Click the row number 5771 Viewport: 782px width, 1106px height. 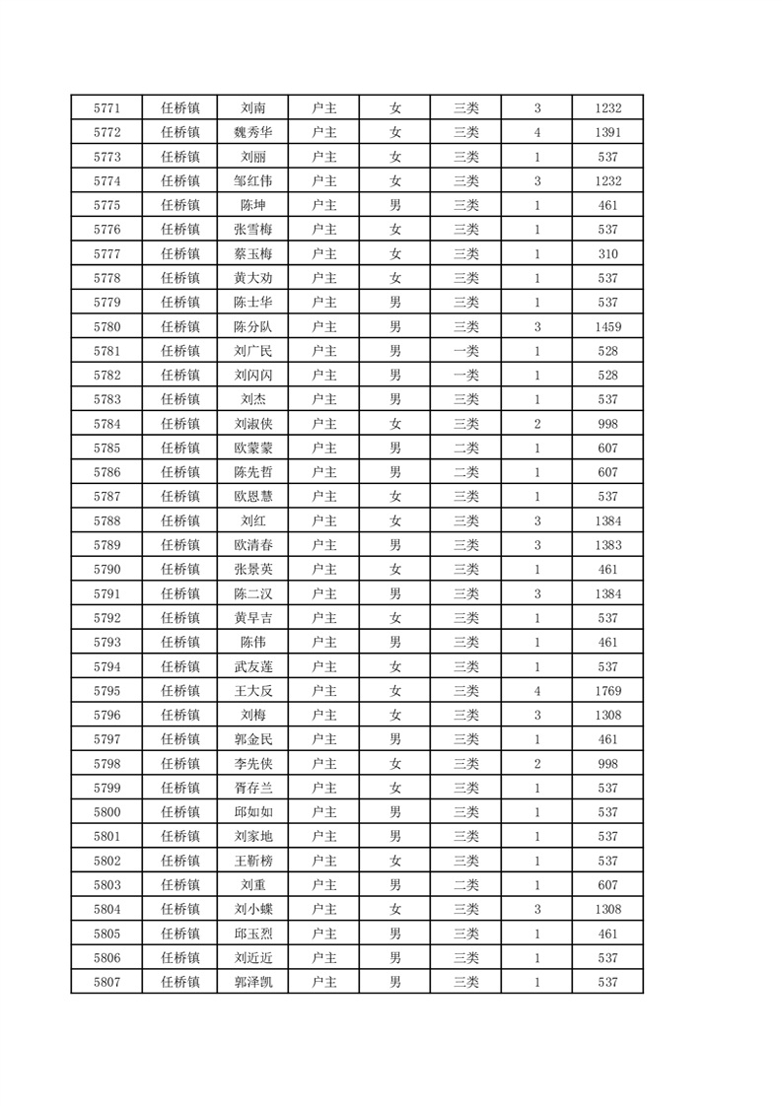tap(107, 107)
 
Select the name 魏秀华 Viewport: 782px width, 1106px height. tap(252, 132)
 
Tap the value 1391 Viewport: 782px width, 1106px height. tap(607, 132)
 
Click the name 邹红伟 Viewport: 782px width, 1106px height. tap(252, 180)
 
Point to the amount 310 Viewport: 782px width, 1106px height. tap(607, 253)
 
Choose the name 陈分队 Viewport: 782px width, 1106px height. tap(252, 326)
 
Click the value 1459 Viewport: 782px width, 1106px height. tap(607, 326)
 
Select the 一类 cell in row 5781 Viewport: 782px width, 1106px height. tap(465, 351)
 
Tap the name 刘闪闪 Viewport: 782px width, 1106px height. tap(252, 375)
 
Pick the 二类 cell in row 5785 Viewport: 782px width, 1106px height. tap(465, 448)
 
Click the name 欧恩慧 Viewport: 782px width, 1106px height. tap(252, 496)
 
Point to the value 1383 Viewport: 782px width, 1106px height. tap(607, 545)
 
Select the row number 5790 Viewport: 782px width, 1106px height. tap(107, 569)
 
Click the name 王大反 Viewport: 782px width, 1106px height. tap(252, 691)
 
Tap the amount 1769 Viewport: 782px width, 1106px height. tap(607, 691)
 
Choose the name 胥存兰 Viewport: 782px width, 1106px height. tap(252, 788)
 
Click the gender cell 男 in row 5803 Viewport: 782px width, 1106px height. tap(394, 885)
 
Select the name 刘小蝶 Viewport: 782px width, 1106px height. tap(252, 909)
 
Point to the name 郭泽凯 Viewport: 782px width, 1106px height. tap(252, 982)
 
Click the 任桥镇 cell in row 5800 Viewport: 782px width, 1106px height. tap(180, 812)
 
